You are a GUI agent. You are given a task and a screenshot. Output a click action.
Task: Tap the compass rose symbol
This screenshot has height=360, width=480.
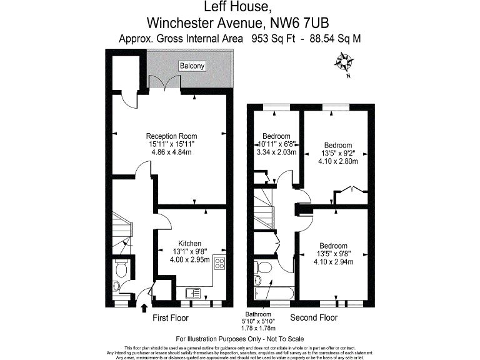[344, 62]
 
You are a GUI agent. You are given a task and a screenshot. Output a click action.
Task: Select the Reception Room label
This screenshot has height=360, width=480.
[171, 136]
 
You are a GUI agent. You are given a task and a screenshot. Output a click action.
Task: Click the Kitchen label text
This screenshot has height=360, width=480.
[189, 243]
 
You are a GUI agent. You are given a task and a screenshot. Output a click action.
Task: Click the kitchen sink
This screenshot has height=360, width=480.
[192, 291]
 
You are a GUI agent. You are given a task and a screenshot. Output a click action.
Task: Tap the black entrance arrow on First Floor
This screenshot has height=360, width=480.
[145, 307]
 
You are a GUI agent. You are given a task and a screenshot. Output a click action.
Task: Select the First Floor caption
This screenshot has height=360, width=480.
[171, 318]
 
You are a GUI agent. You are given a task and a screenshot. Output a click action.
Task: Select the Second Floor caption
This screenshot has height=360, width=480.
[314, 318]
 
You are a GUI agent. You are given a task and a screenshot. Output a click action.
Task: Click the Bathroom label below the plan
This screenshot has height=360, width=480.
[258, 314]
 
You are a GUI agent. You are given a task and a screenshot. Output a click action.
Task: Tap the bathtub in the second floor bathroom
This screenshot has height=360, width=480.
[270, 292]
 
